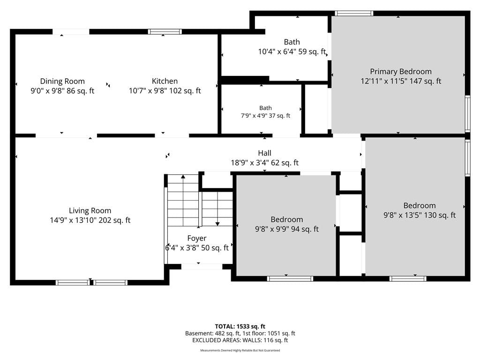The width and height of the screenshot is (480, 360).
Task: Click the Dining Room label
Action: pyautogui.click(x=62, y=82)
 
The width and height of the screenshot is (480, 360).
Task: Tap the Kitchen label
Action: pyautogui.click(x=165, y=81)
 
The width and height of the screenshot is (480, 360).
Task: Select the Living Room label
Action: pyautogui.click(x=90, y=210)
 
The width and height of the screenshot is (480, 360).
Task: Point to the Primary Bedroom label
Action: pyautogui.click(x=401, y=72)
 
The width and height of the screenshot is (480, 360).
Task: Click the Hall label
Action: pyautogui.click(x=264, y=153)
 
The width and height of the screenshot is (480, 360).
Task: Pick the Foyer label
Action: pyautogui.click(x=197, y=239)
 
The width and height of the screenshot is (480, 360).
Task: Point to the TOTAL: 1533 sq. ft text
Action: pyautogui.click(x=240, y=326)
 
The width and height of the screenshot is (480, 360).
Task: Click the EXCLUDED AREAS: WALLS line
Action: pyautogui.click(x=240, y=340)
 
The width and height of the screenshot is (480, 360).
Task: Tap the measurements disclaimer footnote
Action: pyautogui.click(x=240, y=350)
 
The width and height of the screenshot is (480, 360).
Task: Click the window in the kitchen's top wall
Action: pyautogui.click(x=165, y=32)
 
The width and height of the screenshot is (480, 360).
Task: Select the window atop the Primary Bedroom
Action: pyautogui.click(x=354, y=14)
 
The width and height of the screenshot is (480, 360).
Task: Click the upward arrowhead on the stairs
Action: pyautogui.click(x=183, y=177)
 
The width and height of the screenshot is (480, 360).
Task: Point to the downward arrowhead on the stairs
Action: pyautogui.click(x=217, y=224)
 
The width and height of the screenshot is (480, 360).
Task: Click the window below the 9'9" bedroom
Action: pyautogui.click(x=290, y=278)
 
